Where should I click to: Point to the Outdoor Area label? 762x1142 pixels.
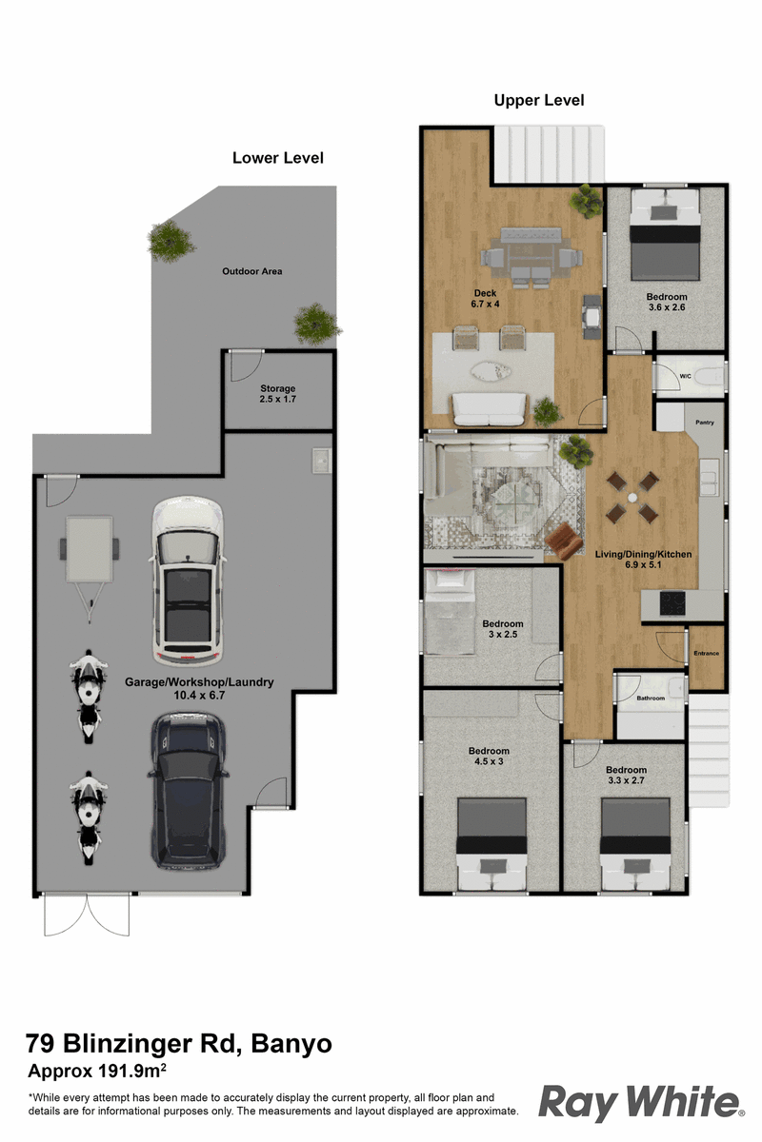(252, 271)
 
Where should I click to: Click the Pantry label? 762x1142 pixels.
(705, 423)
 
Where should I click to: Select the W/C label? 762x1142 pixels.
(685, 376)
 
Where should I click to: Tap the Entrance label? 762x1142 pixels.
(707, 653)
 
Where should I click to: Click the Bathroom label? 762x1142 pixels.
(651, 698)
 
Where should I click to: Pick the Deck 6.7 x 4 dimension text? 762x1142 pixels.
(485, 299)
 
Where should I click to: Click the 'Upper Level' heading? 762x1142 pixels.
(539, 101)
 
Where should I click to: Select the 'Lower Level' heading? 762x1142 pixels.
(278, 158)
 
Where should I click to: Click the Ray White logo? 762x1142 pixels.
(641, 1104)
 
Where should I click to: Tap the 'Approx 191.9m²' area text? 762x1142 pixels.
(97, 1071)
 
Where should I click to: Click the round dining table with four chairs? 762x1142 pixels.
(632, 498)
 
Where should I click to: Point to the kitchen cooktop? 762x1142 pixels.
(672, 603)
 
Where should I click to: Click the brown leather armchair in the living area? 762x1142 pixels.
(564, 541)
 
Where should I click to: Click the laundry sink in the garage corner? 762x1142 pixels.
(322, 461)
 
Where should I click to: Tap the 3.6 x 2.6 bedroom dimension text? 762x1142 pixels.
(667, 307)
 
